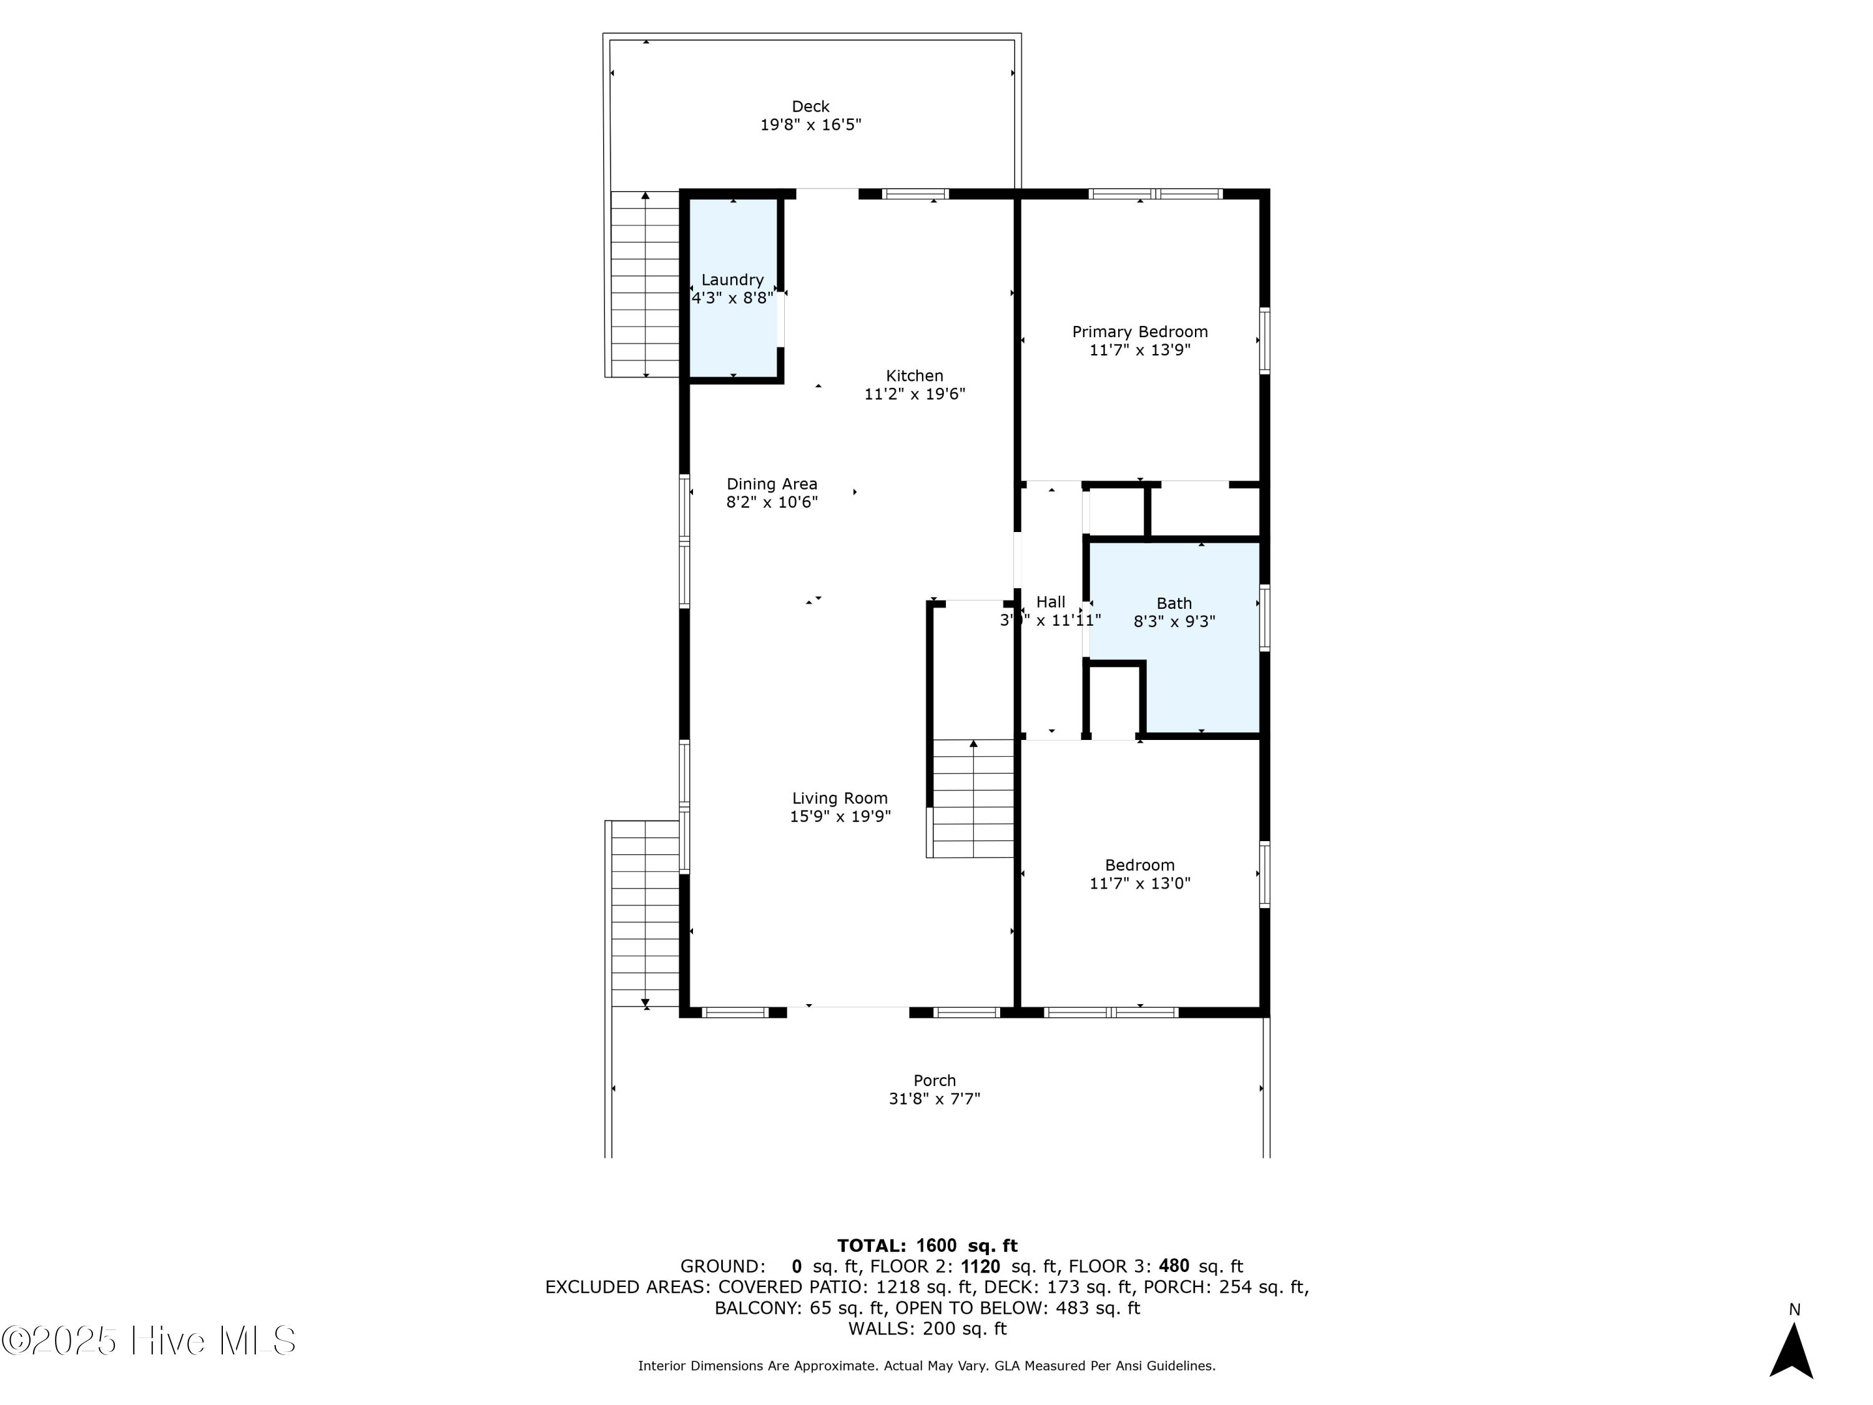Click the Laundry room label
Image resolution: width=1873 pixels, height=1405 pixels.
tap(732, 280)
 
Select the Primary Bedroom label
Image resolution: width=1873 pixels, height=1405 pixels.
tap(1139, 332)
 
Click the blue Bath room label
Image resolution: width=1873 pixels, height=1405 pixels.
tap(1174, 604)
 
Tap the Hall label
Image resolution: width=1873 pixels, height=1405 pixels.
tap(1050, 602)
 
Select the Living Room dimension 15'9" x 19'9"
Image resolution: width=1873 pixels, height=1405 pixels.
tap(839, 816)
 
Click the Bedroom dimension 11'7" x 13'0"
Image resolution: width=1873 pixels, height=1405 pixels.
tap(1139, 884)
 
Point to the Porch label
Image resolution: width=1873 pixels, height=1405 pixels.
tap(934, 1081)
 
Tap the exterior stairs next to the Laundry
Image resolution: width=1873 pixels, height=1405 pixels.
tap(645, 283)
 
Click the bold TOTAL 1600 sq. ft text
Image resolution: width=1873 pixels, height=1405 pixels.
tap(927, 1246)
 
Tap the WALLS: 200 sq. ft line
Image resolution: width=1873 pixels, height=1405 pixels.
tap(927, 1329)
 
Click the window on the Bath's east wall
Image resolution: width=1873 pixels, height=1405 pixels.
tap(1264, 618)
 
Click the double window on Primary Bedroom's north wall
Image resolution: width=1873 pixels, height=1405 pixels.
tap(1155, 194)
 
